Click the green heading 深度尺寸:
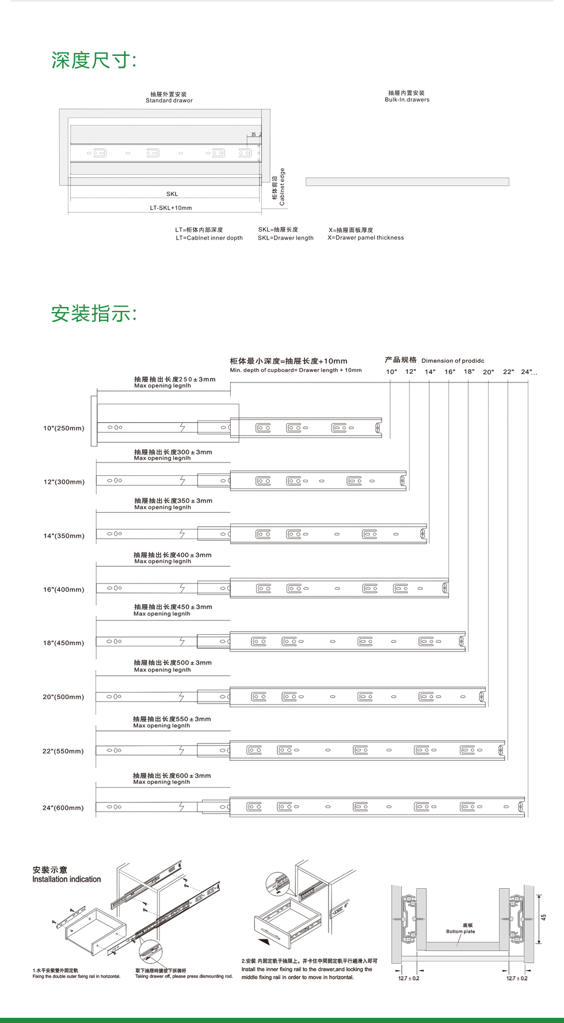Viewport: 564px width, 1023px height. pyautogui.click(x=94, y=60)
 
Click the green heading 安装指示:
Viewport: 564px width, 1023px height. pyautogui.click(x=94, y=314)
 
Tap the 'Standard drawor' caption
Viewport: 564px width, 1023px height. pyautogui.click(x=169, y=100)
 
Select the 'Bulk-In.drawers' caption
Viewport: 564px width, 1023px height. pyautogui.click(x=407, y=100)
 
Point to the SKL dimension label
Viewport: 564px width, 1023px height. pyautogui.click(x=172, y=194)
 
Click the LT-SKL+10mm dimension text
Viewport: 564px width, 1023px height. pyautogui.click(x=171, y=208)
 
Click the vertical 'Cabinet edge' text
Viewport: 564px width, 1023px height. pyautogui.click(x=282, y=187)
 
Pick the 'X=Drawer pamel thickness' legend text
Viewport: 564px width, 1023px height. pyautogui.click(x=365, y=237)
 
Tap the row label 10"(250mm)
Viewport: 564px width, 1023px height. pyautogui.click(x=63, y=429)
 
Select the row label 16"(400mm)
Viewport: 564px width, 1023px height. pyautogui.click(x=63, y=590)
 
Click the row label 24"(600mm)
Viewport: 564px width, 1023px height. pyautogui.click(x=63, y=808)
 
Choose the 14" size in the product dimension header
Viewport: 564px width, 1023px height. pyautogui.click(x=430, y=372)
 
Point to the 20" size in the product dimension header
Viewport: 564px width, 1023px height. pyautogui.click(x=488, y=372)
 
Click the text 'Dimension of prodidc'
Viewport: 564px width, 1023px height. pyautogui.click(x=453, y=361)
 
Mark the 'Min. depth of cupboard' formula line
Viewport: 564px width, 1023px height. pyautogui.click(x=296, y=370)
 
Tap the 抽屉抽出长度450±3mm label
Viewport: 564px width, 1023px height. pyautogui.click(x=173, y=607)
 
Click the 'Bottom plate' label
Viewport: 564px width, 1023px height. pyautogui.click(x=460, y=931)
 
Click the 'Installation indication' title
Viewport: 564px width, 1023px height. pyautogui.click(x=66, y=880)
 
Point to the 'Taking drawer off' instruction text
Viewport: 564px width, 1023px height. pyautogui.click(x=184, y=976)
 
